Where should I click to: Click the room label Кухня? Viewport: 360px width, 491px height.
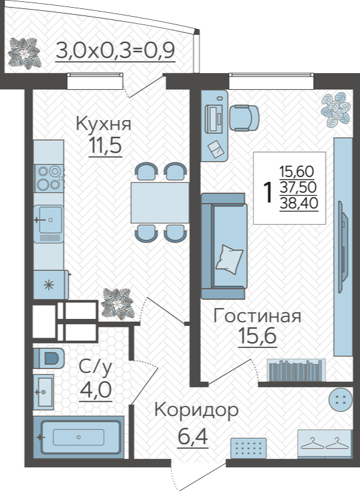click(103, 124)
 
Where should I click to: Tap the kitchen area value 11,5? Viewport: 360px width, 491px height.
click(105, 145)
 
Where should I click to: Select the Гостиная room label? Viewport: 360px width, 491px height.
click(257, 316)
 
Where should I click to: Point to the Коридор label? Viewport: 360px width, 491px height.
click(196, 411)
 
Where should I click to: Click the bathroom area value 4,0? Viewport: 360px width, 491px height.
click(96, 390)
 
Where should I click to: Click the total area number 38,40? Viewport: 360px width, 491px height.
click(299, 203)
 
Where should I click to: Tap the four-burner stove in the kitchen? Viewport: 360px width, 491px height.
click(49, 178)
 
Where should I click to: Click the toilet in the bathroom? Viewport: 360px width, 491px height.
click(49, 357)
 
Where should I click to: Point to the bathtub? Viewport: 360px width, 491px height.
click(78, 437)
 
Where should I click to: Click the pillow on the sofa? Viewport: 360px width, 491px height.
click(229, 259)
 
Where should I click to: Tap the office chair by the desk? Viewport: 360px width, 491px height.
click(244, 118)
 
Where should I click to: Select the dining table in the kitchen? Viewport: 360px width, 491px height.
click(160, 203)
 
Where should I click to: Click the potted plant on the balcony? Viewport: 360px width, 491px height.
click(24, 53)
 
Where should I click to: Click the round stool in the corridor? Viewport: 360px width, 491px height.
click(340, 399)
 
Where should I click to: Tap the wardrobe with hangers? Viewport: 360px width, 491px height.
click(324, 444)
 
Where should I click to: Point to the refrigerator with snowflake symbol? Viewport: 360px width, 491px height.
click(51, 284)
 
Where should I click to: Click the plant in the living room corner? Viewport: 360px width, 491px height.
click(335, 108)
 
